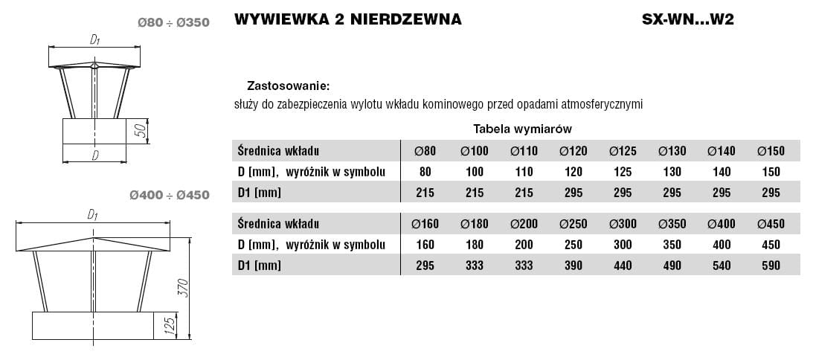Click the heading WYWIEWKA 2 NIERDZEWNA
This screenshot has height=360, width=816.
(x=347, y=20)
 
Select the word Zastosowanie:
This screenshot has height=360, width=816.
(x=287, y=86)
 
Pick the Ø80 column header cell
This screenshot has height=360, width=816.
(x=424, y=151)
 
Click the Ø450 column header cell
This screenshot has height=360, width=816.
(x=771, y=223)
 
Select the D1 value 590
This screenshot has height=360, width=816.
(x=771, y=265)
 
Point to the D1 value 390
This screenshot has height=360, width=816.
(x=573, y=265)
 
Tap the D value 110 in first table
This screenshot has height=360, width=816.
(x=524, y=172)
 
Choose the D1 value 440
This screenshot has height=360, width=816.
(x=623, y=265)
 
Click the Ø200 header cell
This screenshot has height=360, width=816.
(x=524, y=223)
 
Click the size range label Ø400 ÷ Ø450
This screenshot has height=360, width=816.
(x=169, y=196)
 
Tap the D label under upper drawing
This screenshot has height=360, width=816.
(x=95, y=155)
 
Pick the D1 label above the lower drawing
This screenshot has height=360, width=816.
(x=93, y=215)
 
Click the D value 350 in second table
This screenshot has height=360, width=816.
(x=672, y=244)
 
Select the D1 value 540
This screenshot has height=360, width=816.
(x=722, y=265)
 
